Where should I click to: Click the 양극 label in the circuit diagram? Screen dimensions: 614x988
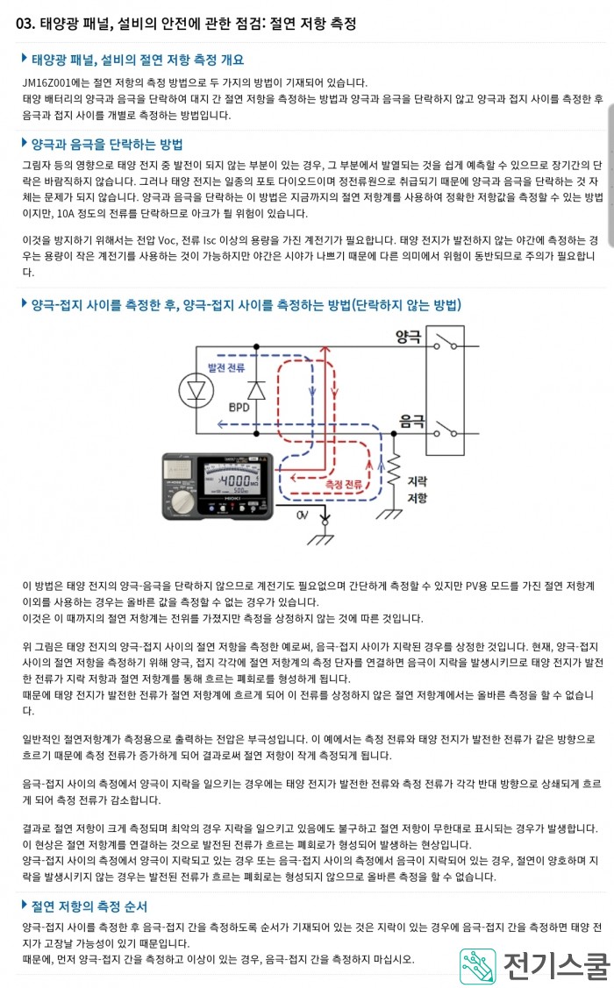click(x=408, y=338)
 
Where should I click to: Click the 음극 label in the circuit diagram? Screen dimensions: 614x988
click(x=411, y=421)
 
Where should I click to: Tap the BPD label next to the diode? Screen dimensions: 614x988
click(x=239, y=407)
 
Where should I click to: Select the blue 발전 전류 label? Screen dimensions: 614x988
click(x=226, y=367)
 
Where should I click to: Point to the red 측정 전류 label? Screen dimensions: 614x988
click(x=344, y=484)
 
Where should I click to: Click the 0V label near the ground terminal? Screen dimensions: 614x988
click(x=302, y=515)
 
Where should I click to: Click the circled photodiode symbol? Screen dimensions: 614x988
click(x=196, y=391)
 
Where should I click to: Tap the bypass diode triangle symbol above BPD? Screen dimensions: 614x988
click(x=256, y=390)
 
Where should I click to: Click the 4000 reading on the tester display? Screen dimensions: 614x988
click(x=235, y=480)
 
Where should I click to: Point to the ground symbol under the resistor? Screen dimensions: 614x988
click(x=389, y=514)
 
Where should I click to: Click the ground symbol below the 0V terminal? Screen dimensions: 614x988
click(x=320, y=539)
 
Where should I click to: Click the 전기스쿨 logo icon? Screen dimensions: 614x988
click(x=477, y=965)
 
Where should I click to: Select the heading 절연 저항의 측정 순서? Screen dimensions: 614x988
click(x=89, y=906)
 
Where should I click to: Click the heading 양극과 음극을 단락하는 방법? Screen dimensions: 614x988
click(x=107, y=145)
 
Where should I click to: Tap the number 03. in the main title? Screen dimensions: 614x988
click(x=25, y=24)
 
